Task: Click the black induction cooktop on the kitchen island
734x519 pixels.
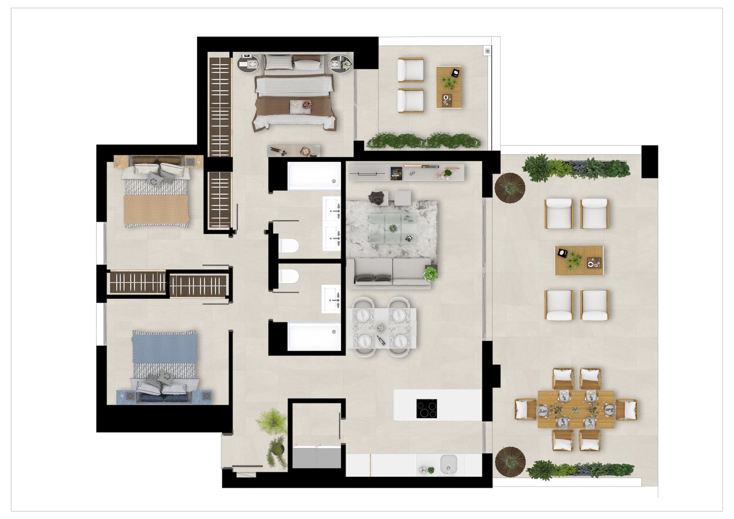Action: coord(426,408)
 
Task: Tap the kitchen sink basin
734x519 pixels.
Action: coord(448,463)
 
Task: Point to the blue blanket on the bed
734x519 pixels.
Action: coord(164,347)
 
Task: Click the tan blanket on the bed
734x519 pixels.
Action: coord(156,210)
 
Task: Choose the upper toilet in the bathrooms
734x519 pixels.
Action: coord(289,246)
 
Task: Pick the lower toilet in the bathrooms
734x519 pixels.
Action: coord(289,277)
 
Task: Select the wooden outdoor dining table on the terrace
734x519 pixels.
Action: coord(576,409)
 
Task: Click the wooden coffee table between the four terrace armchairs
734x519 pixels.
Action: coord(579,260)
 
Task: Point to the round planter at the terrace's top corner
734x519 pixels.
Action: coord(509,187)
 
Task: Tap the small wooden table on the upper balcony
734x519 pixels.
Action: coord(449,87)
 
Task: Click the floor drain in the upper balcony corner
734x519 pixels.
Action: coord(487,51)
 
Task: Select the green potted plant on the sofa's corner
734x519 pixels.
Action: coord(430,273)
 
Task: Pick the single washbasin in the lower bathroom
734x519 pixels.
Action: coord(331,299)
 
